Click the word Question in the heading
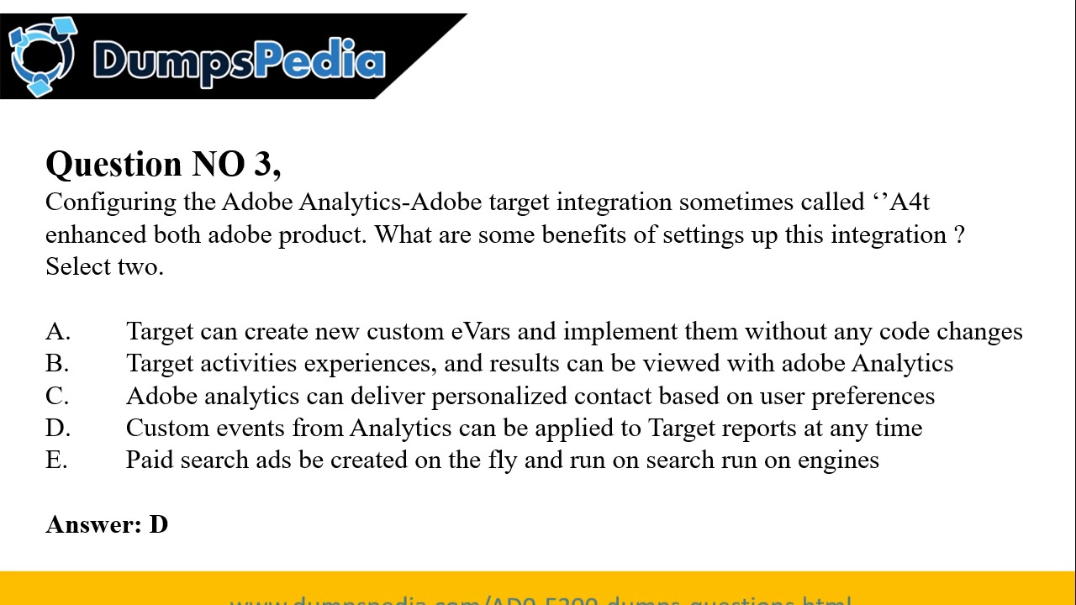coord(113,164)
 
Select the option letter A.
coord(57,332)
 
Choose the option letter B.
coord(56,364)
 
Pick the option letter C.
coord(56,396)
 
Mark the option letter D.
coord(57,428)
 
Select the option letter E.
coord(56,460)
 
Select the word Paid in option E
coord(149,460)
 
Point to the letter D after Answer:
coord(159,524)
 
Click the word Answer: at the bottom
coord(93,524)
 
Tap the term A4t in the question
coord(909,203)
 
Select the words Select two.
coord(104,266)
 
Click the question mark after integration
coord(959,234)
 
